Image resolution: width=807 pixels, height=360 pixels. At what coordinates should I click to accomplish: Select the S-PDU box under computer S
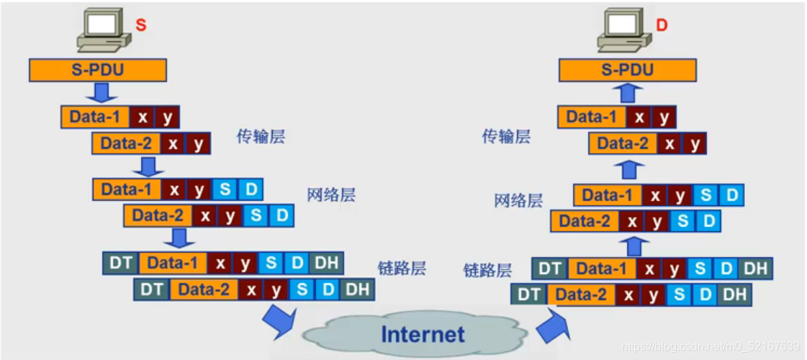click(x=98, y=70)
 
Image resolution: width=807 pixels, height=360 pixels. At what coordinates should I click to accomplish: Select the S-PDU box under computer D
click(x=628, y=70)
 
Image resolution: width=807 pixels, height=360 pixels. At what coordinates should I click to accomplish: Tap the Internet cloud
click(x=422, y=334)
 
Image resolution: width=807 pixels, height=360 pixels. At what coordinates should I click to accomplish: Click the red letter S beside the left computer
click(x=141, y=25)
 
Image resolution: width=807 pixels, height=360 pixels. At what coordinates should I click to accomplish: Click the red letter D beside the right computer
click(x=662, y=25)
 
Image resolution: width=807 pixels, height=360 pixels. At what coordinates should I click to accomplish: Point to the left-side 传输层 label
click(x=261, y=136)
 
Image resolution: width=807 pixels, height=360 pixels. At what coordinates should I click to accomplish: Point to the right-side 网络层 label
click(x=518, y=200)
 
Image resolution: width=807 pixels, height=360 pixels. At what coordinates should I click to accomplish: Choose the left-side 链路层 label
click(x=402, y=269)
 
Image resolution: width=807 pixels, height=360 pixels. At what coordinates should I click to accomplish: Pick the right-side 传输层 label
click(x=506, y=136)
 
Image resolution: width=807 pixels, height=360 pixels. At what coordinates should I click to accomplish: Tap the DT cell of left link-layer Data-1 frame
click(x=120, y=263)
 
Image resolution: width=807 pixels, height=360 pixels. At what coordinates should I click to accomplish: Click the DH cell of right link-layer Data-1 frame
click(x=755, y=269)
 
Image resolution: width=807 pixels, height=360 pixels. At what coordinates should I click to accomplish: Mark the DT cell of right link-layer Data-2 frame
click(x=529, y=294)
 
